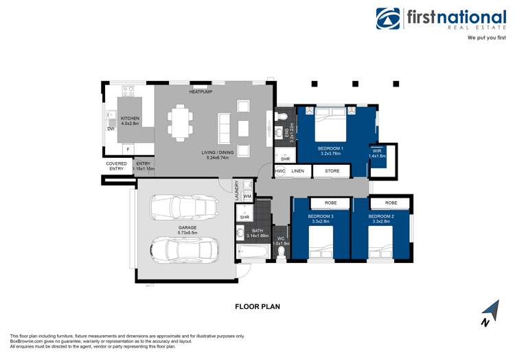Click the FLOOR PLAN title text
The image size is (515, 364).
(257, 306)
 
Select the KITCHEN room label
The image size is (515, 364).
(130, 118)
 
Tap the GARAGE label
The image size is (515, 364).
(187, 227)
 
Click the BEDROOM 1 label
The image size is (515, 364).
(330, 148)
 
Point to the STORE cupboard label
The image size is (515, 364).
(332, 170)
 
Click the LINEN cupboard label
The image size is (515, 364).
(297, 170)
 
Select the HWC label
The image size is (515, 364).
(280, 170)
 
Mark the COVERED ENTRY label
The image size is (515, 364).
(116, 166)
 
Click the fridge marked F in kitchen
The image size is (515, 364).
(127, 148)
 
